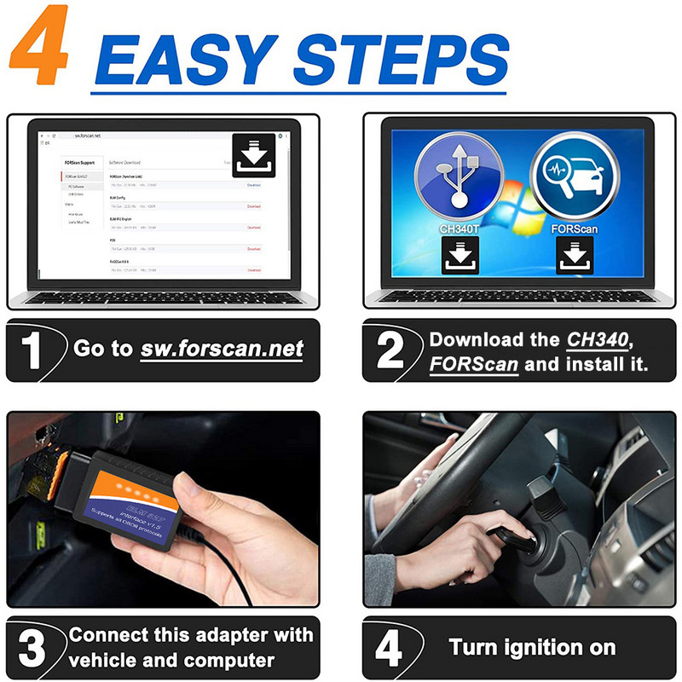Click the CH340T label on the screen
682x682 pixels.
[x=459, y=229]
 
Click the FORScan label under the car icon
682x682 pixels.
[x=575, y=229]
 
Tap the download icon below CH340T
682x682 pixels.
[x=459, y=256]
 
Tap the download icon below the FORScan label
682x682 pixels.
[x=575, y=256]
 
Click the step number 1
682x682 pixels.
[x=32, y=350]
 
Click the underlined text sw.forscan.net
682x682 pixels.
[x=222, y=349]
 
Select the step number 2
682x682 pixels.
[x=390, y=350]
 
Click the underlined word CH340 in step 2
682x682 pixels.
[x=598, y=338]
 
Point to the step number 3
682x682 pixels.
[x=32, y=648]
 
